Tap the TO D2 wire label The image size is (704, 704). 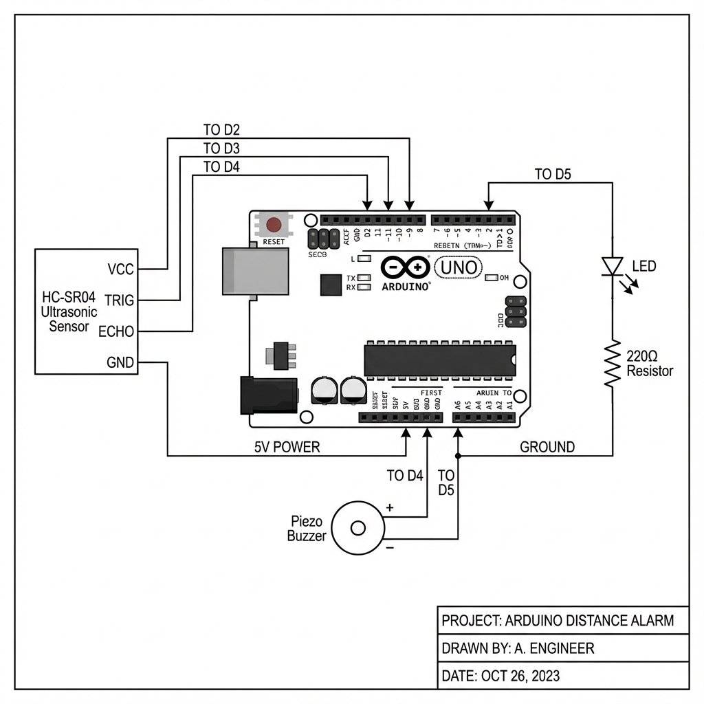click(x=221, y=129)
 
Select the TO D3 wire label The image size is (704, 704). click(x=221, y=148)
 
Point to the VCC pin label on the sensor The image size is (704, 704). click(x=121, y=269)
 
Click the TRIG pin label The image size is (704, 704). click(x=119, y=300)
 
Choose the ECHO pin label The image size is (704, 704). click(x=116, y=331)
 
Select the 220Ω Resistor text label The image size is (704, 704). click(x=650, y=364)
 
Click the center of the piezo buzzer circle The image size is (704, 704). click(x=358, y=528)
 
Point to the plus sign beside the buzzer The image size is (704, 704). click(x=390, y=508)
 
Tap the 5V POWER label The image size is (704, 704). click(x=287, y=447)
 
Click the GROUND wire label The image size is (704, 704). click(x=547, y=447)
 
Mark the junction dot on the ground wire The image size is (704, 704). click(x=458, y=456)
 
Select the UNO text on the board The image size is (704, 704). click(x=458, y=267)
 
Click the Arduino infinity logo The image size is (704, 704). click(x=405, y=267)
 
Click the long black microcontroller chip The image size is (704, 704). click(x=440, y=357)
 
